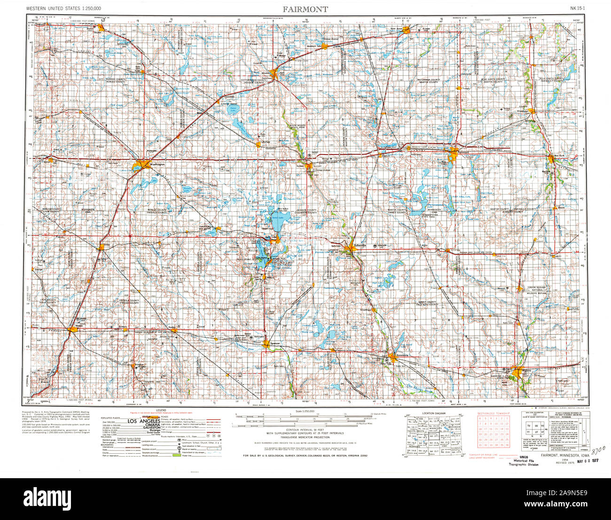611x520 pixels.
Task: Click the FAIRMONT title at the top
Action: (305, 9)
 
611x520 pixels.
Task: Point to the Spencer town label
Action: (275, 343)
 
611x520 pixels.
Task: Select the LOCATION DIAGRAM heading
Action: (434, 413)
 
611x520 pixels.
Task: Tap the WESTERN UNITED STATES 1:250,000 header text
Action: (57, 8)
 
